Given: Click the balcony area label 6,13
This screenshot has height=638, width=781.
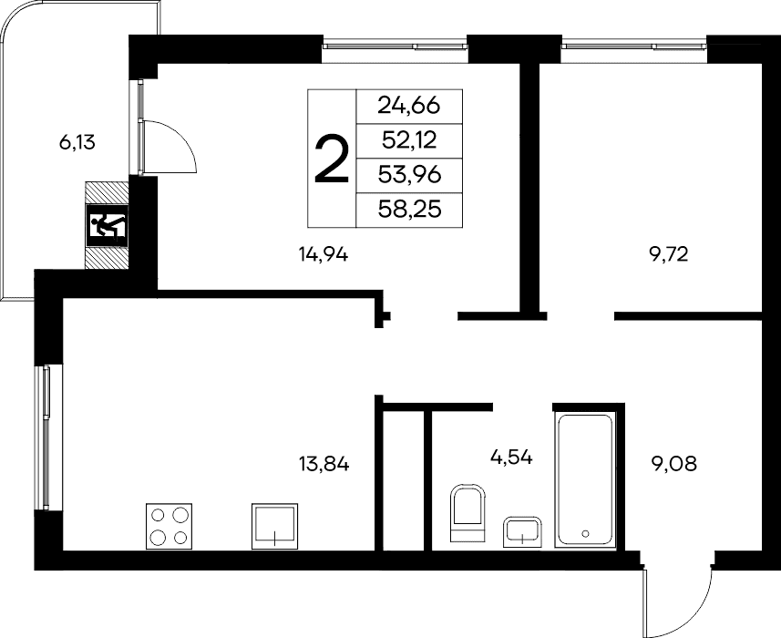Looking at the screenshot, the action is pos(77,143).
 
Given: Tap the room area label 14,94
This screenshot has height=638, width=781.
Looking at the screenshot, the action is pos(324,255).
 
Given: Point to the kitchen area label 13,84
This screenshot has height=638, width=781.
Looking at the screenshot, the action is pos(324,465).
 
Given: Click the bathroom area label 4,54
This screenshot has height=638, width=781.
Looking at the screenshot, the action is pos(511,458).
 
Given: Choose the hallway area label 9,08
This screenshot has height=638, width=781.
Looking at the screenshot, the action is pos(673,464).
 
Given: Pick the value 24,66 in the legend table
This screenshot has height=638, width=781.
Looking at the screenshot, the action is pos(409,106).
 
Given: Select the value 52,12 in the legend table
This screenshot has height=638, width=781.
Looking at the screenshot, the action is pos(409,140).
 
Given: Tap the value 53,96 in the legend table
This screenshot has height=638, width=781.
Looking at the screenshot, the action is pos(409,175).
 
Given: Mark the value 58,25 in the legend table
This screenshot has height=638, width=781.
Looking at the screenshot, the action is pos(409,210).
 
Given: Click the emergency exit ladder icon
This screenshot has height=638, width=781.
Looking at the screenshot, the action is pos(108,225).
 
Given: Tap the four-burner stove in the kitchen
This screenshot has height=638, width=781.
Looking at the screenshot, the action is pos(169,526).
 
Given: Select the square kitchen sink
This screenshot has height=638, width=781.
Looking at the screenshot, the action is pos(274,526).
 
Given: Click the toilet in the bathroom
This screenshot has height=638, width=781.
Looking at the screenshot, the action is pos(468,513).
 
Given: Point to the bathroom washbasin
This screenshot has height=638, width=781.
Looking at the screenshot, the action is pos(522,531).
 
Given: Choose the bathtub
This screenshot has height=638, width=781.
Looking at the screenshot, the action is pos(585,480).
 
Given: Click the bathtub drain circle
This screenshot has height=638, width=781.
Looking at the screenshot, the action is pos(585,533).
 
